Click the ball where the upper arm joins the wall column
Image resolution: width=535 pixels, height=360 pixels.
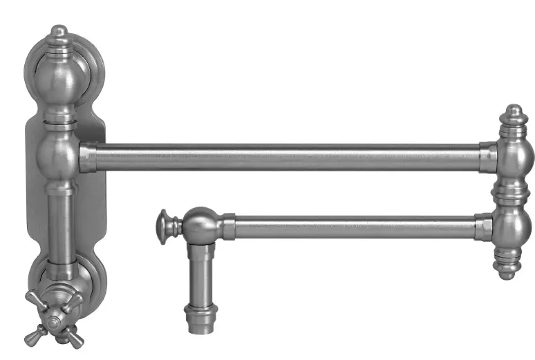tap(61, 155)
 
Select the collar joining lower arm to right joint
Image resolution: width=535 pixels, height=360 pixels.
tap(484, 227)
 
